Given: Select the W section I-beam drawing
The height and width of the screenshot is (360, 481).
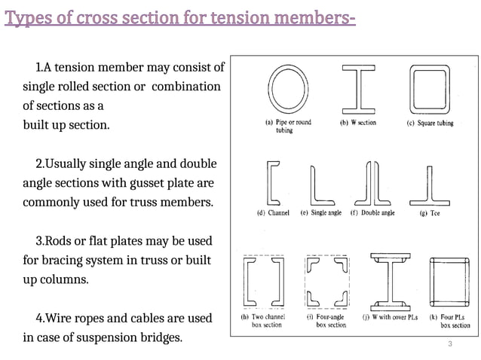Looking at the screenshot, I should tap(358, 87).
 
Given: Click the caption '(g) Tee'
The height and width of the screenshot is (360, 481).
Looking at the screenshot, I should tap(430, 213).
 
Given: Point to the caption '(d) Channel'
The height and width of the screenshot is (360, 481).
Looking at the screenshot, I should tap(273, 213).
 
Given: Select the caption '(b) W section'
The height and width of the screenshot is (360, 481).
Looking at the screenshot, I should tap(358, 123).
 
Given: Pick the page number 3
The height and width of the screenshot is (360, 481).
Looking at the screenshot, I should tap(449, 345).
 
